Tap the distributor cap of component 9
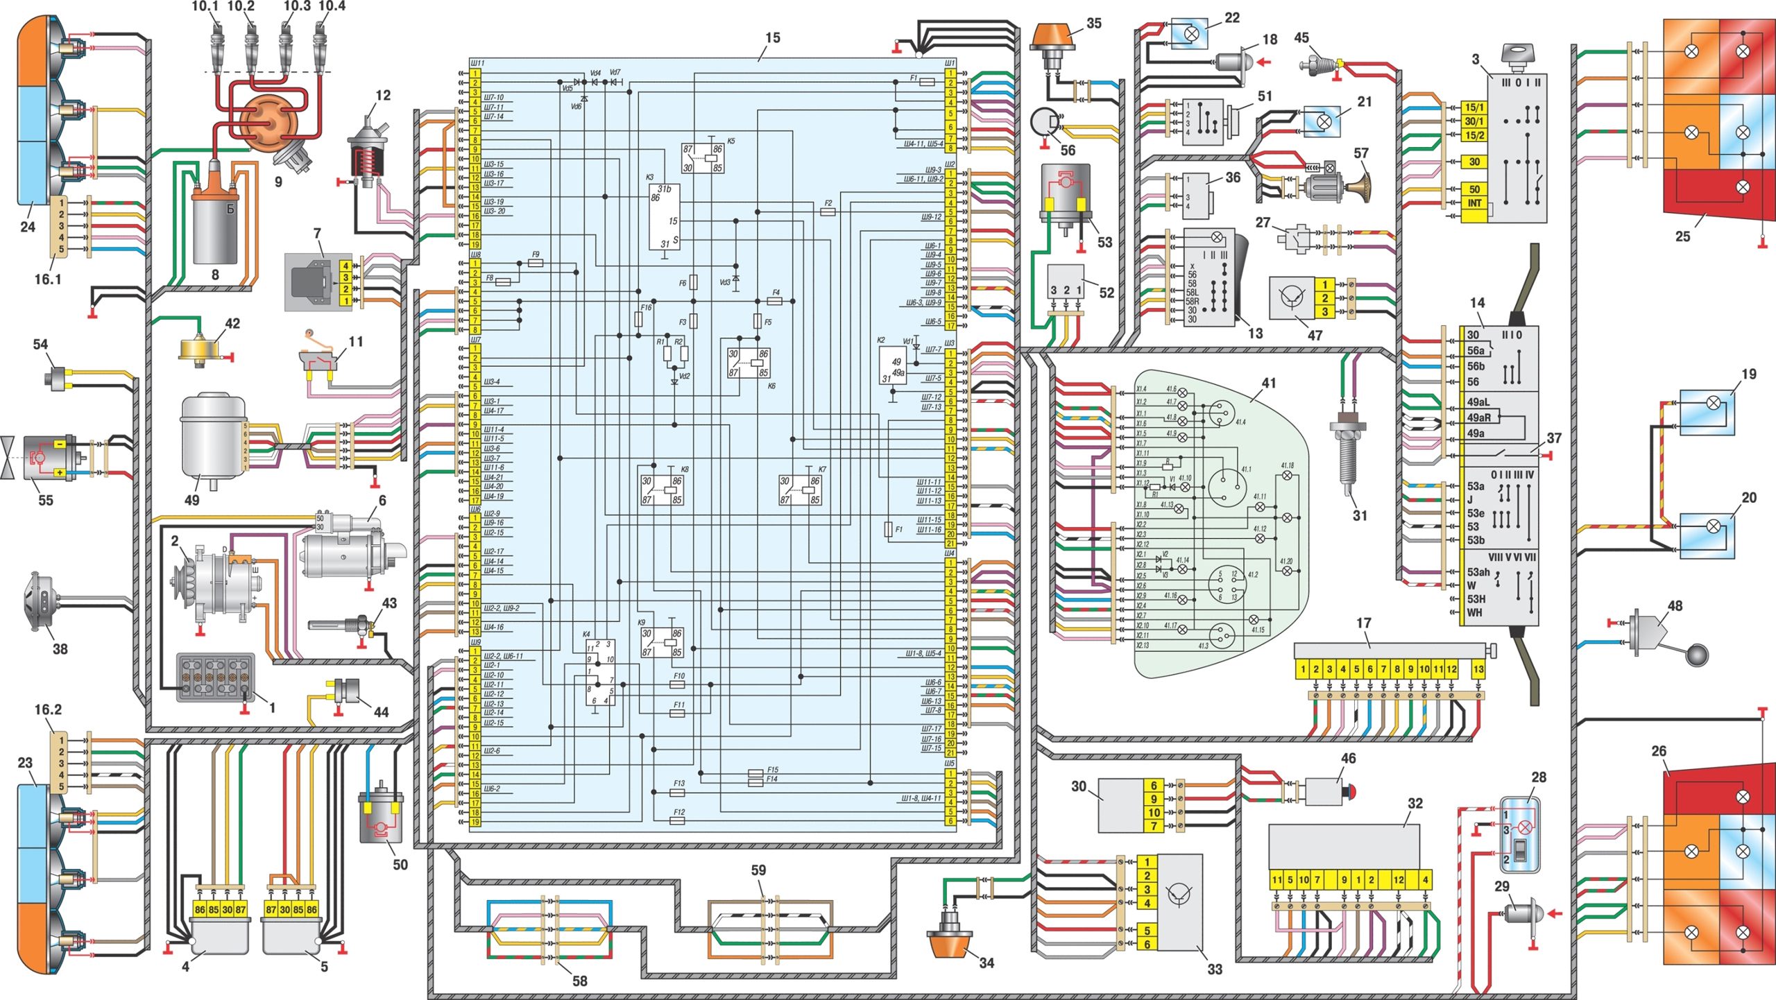(x=267, y=123)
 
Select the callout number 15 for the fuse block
(x=772, y=38)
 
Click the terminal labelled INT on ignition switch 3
(x=1474, y=203)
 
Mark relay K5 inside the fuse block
(x=703, y=158)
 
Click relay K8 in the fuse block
(x=661, y=490)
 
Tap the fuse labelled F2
(x=828, y=212)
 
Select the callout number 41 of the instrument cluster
(x=1269, y=383)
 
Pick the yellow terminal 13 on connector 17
(x=1478, y=669)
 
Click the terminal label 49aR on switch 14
(x=1478, y=417)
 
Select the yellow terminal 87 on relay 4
(x=241, y=909)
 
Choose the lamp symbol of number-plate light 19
(x=1713, y=402)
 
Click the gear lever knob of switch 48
(x=1698, y=655)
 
